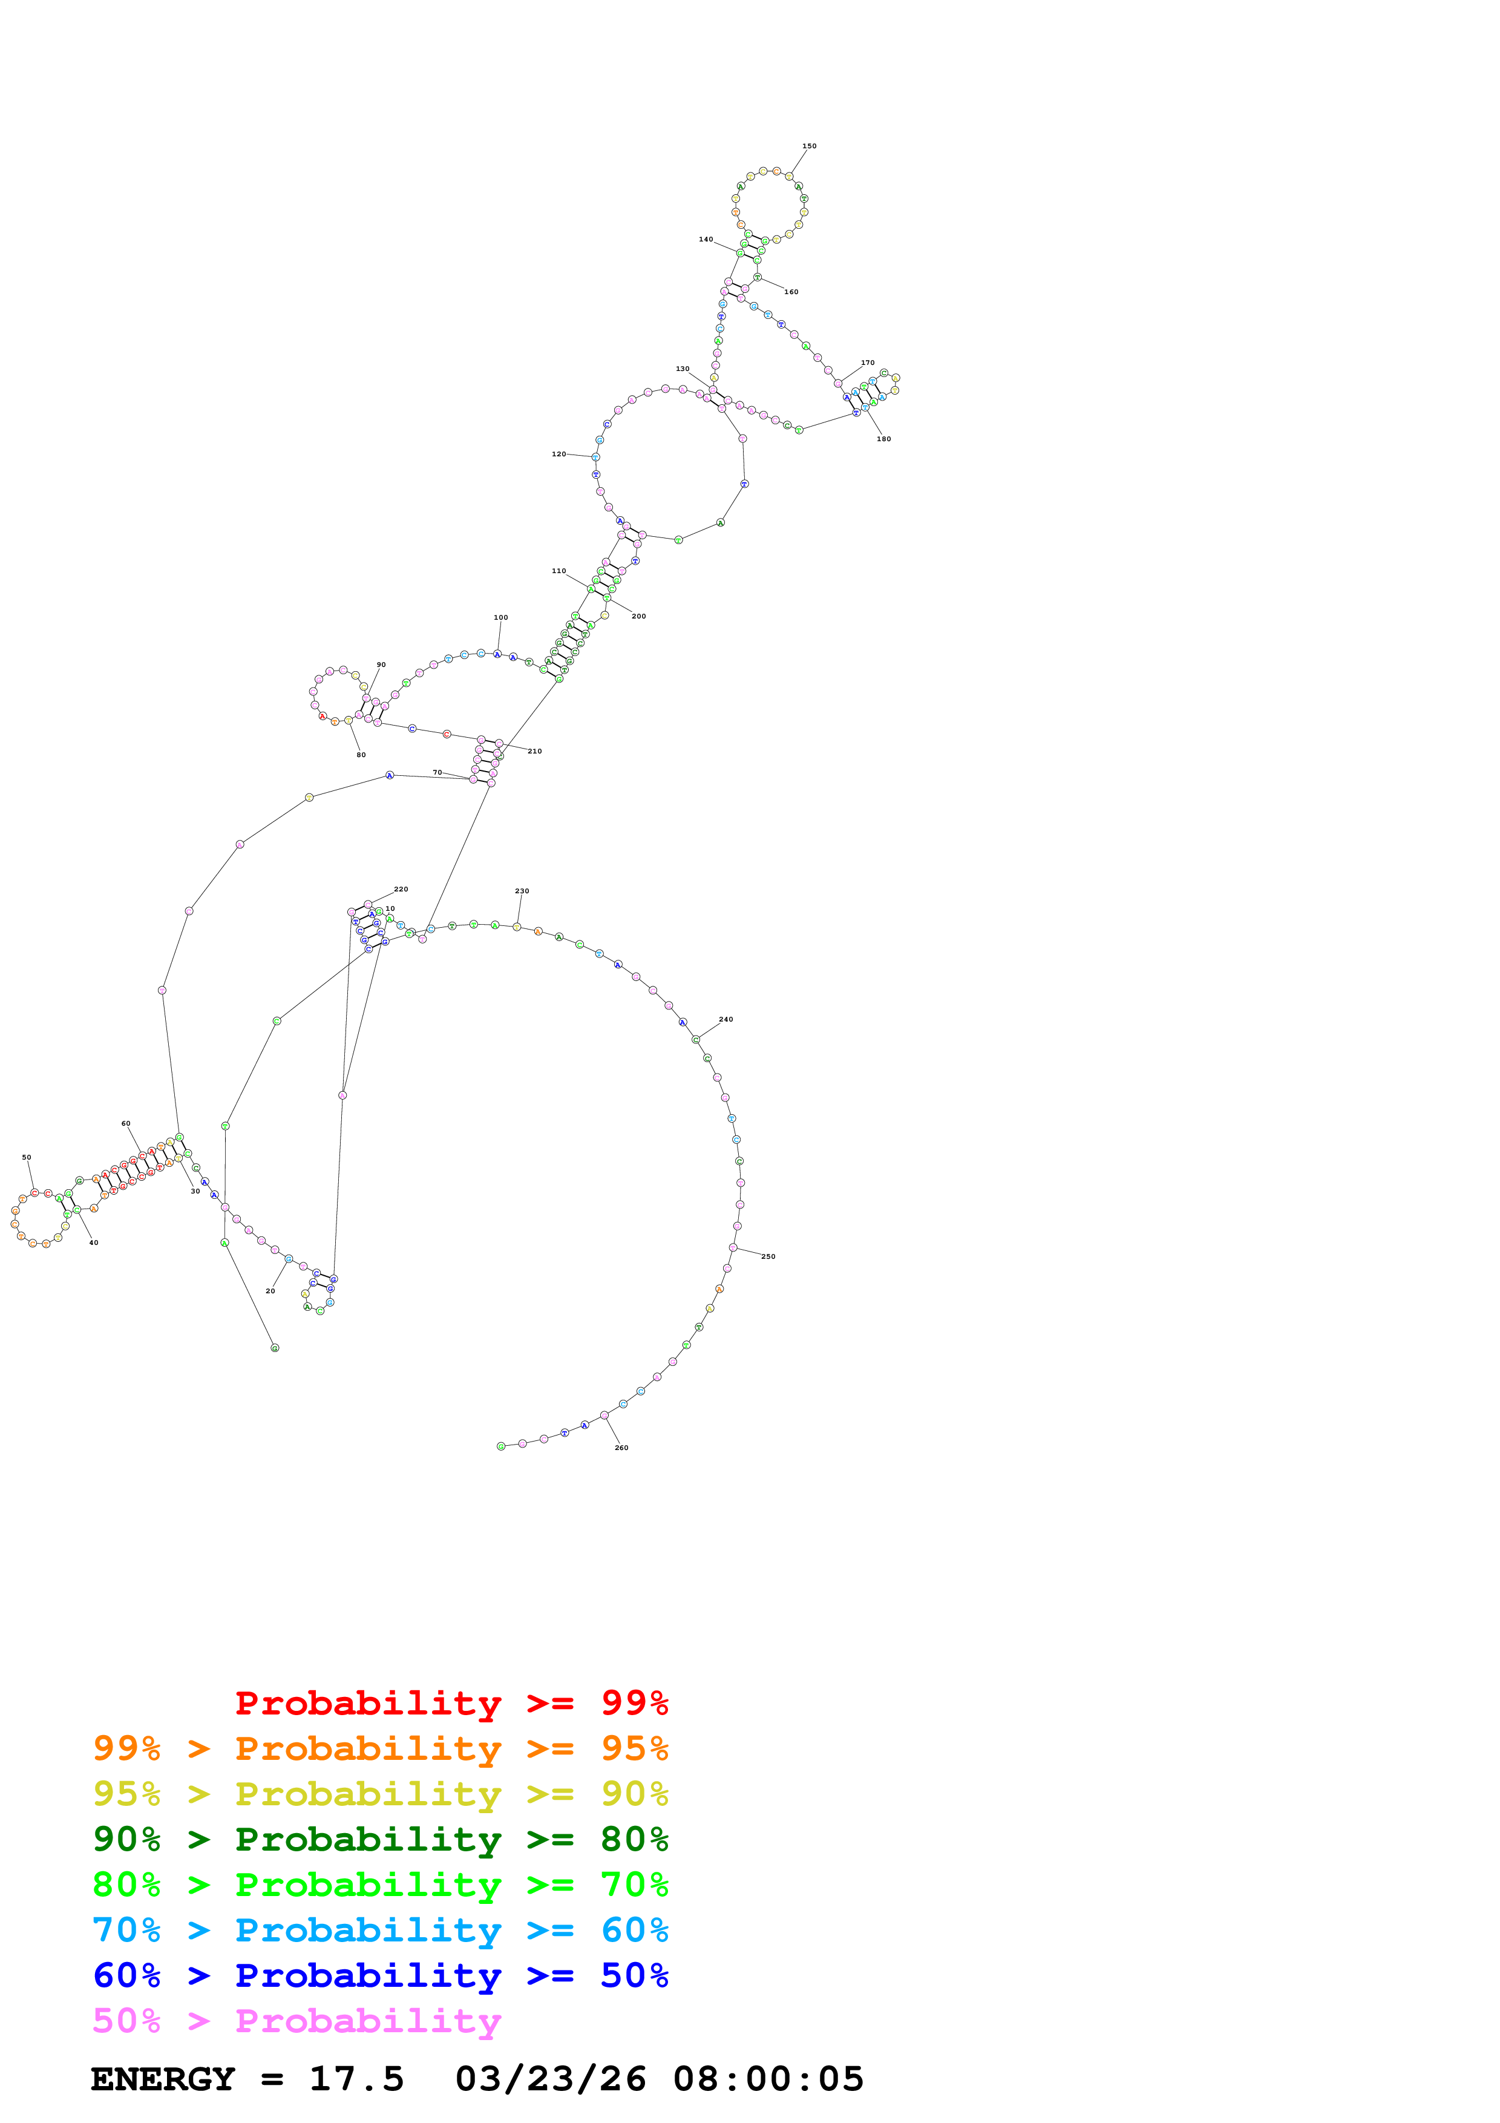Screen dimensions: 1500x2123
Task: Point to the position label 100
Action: click(501, 618)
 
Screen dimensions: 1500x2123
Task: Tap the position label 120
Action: click(558, 454)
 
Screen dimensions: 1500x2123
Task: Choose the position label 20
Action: click(270, 1291)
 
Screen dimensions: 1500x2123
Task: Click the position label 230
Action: click(522, 891)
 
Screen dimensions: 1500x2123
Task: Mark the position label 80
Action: click(361, 755)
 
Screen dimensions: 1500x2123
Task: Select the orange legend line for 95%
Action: click(380, 1748)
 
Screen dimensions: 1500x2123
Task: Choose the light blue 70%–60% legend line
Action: click(380, 1930)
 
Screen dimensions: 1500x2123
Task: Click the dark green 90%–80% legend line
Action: click(380, 1839)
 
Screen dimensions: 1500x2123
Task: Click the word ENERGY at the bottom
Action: click(163, 2079)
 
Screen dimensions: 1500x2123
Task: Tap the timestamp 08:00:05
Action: click(768, 2079)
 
